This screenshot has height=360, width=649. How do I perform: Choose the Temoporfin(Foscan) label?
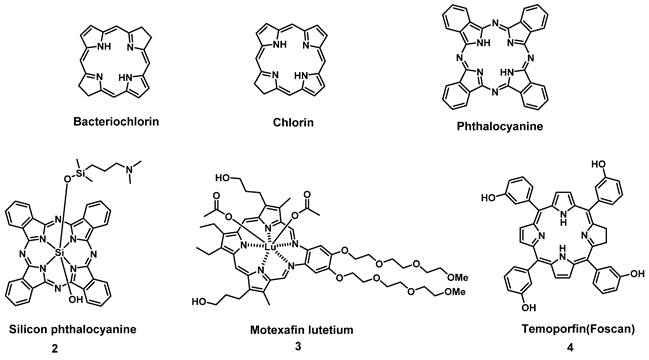click(x=558, y=328)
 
